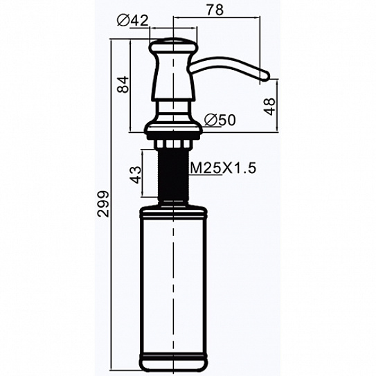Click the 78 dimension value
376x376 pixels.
pyautogui.click(x=215, y=10)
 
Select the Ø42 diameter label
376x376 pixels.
pyautogui.click(x=133, y=20)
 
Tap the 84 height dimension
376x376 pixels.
pyautogui.click(x=123, y=84)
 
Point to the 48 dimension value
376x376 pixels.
pyautogui.click(x=269, y=107)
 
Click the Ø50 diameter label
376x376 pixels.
pyautogui.click(x=220, y=120)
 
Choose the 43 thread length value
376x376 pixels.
pyautogui.click(x=136, y=174)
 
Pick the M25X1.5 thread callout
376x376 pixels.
pyautogui.click(x=223, y=168)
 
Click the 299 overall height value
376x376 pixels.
pyautogui.click(x=103, y=204)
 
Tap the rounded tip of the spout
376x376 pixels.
pyautogui.click(x=265, y=75)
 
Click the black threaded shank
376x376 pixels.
pyautogui.click(x=173, y=174)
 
